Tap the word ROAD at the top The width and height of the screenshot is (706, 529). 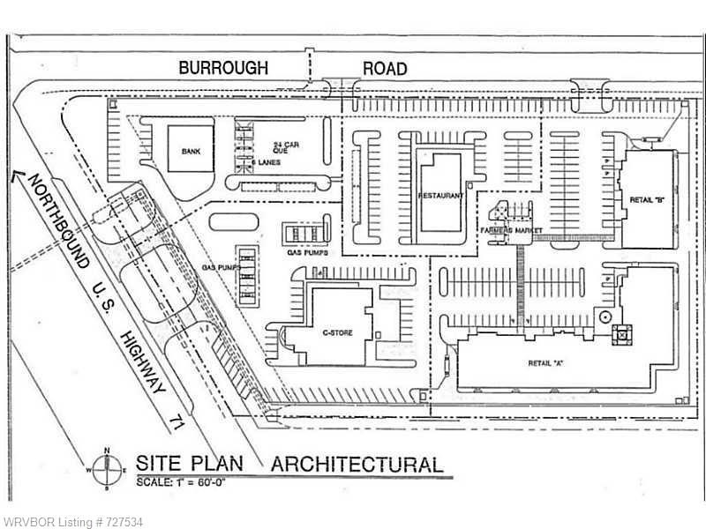[x=385, y=67]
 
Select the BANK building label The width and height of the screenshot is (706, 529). [x=191, y=152]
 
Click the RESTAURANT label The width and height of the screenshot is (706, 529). [x=440, y=195]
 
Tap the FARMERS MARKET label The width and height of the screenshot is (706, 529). [x=511, y=231]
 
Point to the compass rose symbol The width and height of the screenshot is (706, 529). [x=106, y=468]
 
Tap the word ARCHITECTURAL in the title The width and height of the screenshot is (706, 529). [x=357, y=463]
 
